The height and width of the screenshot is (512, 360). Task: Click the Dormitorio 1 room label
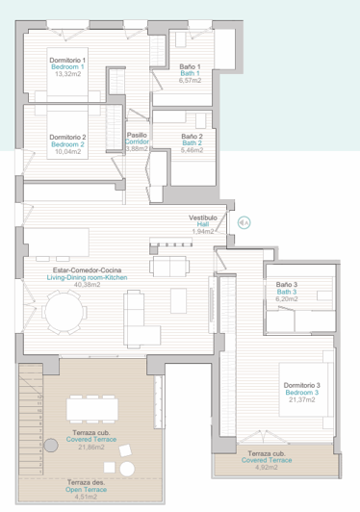68,60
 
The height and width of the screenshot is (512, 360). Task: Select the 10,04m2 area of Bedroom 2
68,151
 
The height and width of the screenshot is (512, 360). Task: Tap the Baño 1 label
190,65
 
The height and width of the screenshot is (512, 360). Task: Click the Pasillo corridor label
138,136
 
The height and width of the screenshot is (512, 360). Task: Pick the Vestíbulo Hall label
201,218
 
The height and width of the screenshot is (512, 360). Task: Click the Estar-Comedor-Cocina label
89,270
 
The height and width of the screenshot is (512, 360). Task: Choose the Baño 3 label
288,285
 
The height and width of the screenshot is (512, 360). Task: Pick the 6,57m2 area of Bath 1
190,81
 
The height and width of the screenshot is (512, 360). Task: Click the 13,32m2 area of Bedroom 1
68,74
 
